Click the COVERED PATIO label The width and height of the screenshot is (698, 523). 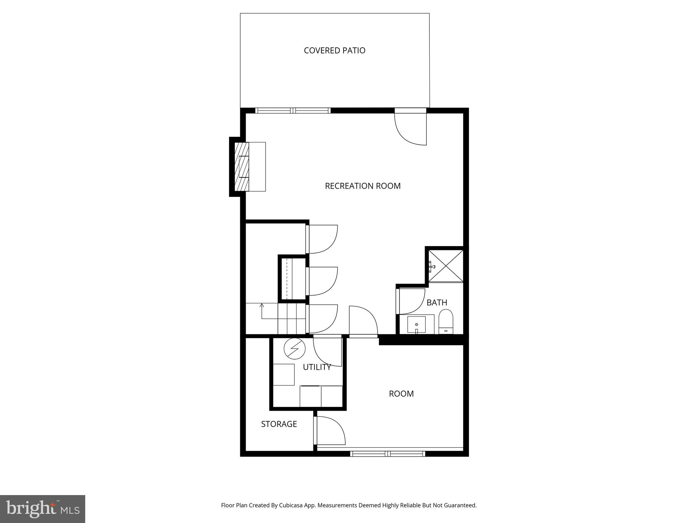334,50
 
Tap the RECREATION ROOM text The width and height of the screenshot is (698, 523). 363,186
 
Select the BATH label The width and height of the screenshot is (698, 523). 437,302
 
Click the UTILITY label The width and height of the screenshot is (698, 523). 317,367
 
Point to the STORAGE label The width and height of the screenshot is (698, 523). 279,424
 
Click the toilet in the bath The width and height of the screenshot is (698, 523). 445,321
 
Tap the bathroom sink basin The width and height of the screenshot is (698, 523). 416,324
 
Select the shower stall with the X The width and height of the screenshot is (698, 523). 446,266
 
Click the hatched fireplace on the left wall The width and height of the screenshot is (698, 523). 242,167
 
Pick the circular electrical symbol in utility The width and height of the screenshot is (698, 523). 294,349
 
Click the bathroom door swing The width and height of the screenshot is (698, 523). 411,301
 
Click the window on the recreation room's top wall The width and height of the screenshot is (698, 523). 293,110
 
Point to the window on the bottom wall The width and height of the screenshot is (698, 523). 388,454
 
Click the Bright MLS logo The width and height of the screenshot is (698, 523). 43,509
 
